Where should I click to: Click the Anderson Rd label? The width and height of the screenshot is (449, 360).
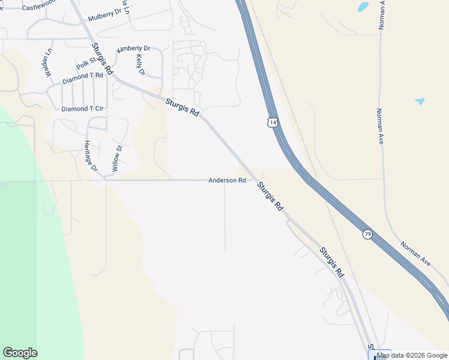pyautogui.click(x=227, y=180)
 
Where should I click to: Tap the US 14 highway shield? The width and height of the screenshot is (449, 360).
pyautogui.click(x=273, y=122)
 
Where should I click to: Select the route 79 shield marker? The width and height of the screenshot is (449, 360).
pyautogui.click(x=367, y=234)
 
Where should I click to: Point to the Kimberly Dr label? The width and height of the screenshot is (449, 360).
pyautogui.click(x=133, y=48)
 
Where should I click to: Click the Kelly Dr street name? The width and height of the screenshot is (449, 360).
pyautogui.click(x=141, y=65)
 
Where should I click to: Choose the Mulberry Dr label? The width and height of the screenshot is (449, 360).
pyautogui.click(x=104, y=18)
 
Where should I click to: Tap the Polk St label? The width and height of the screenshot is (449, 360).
pyautogui.click(x=86, y=63)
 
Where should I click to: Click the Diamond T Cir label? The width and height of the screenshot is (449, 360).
pyautogui.click(x=83, y=109)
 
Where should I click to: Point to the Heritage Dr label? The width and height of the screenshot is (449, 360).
pyautogui.click(x=91, y=156)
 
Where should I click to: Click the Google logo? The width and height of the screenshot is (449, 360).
pyautogui.click(x=20, y=353)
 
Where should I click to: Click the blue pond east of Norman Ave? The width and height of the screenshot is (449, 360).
pyautogui.click(x=420, y=101)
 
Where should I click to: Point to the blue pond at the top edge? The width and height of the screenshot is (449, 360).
pyautogui.click(x=363, y=7)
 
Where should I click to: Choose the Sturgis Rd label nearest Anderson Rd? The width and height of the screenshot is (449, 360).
pyautogui.click(x=270, y=196)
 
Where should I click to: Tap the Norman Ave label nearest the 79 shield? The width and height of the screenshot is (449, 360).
pyautogui.click(x=417, y=254)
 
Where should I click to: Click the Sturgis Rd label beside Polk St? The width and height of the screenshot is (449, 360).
pyautogui.click(x=102, y=58)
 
